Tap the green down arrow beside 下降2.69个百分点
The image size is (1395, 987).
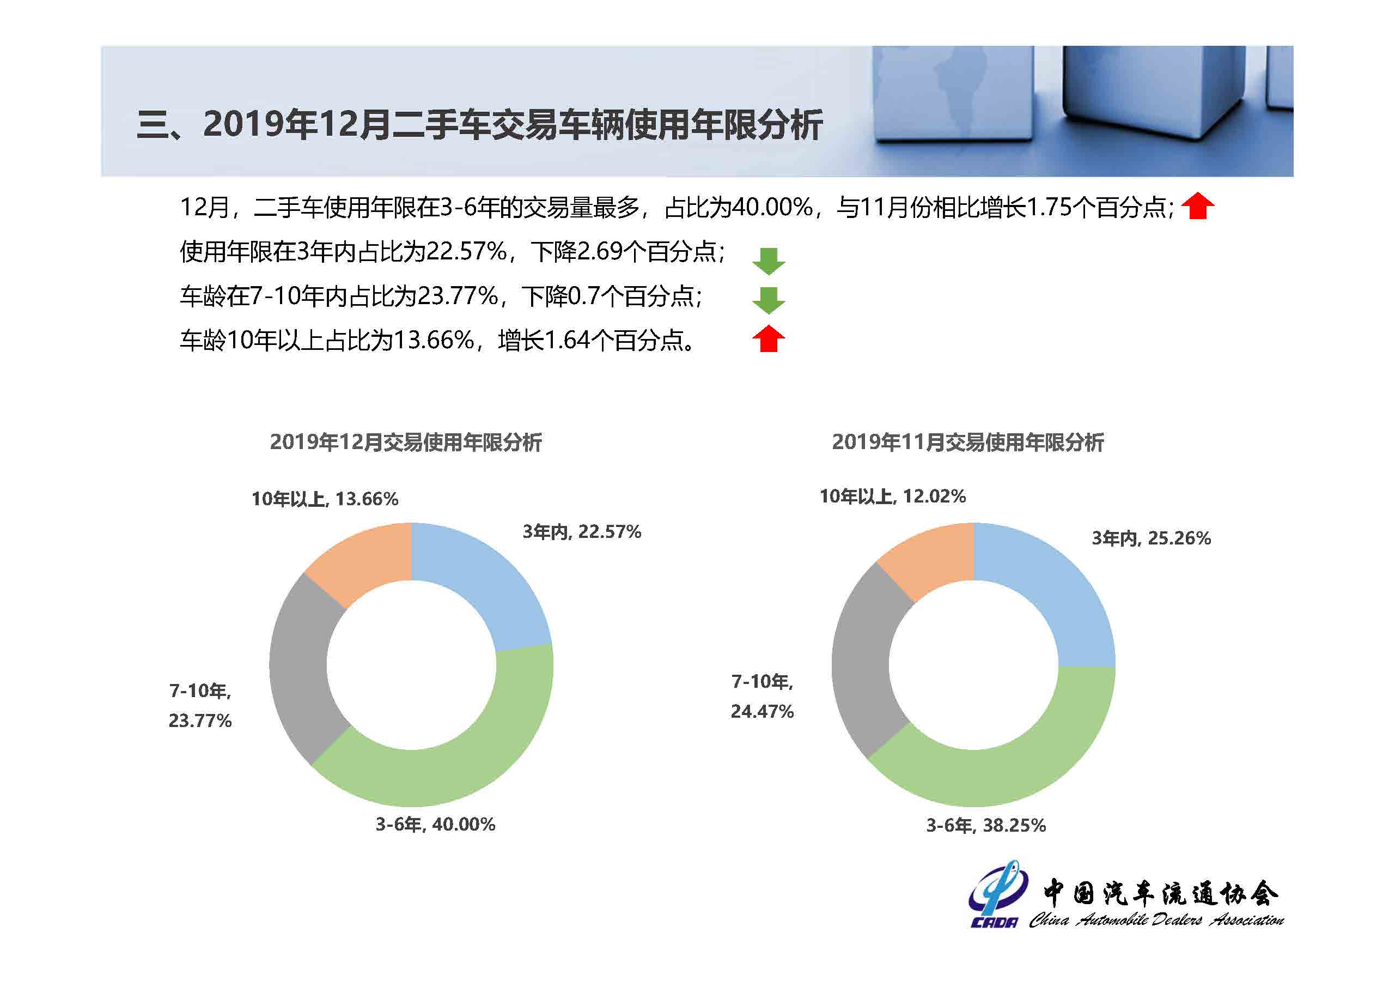pyautogui.click(x=769, y=261)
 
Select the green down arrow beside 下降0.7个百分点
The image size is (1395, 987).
pyautogui.click(x=769, y=300)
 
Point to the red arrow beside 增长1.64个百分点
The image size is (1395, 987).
pyautogui.click(x=769, y=339)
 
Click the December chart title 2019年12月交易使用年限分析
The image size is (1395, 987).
pyautogui.click(x=406, y=443)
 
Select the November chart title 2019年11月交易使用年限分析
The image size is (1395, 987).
pyautogui.click(x=968, y=443)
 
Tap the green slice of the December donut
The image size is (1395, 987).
pyautogui.click(x=449, y=760)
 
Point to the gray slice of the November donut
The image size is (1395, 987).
pyautogui.click(x=863, y=663)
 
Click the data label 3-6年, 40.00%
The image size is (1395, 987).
pyautogui.click(x=435, y=825)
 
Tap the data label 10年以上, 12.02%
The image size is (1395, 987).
pyautogui.click(x=893, y=496)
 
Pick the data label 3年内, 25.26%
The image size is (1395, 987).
pyautogui.click(x=1152, y=538)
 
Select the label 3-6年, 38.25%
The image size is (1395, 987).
pyautogui.click(x=985, y=825)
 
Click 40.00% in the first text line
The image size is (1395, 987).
pyautogui.click(x=772, y=208)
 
